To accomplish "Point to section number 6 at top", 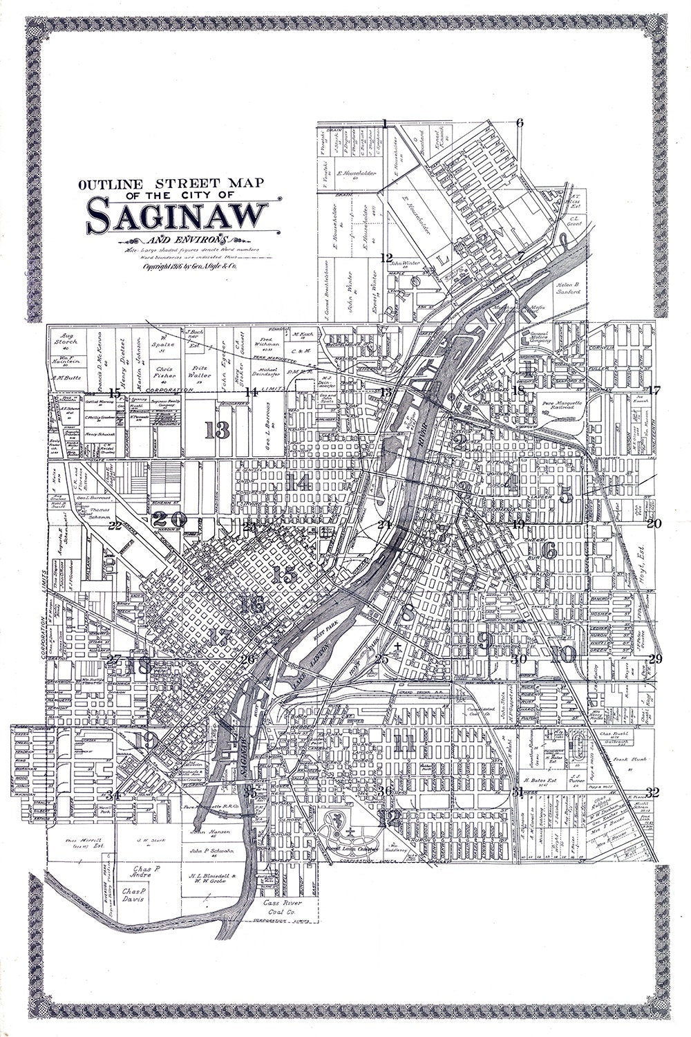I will [520, 123].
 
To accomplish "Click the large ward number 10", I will [563, 654].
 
